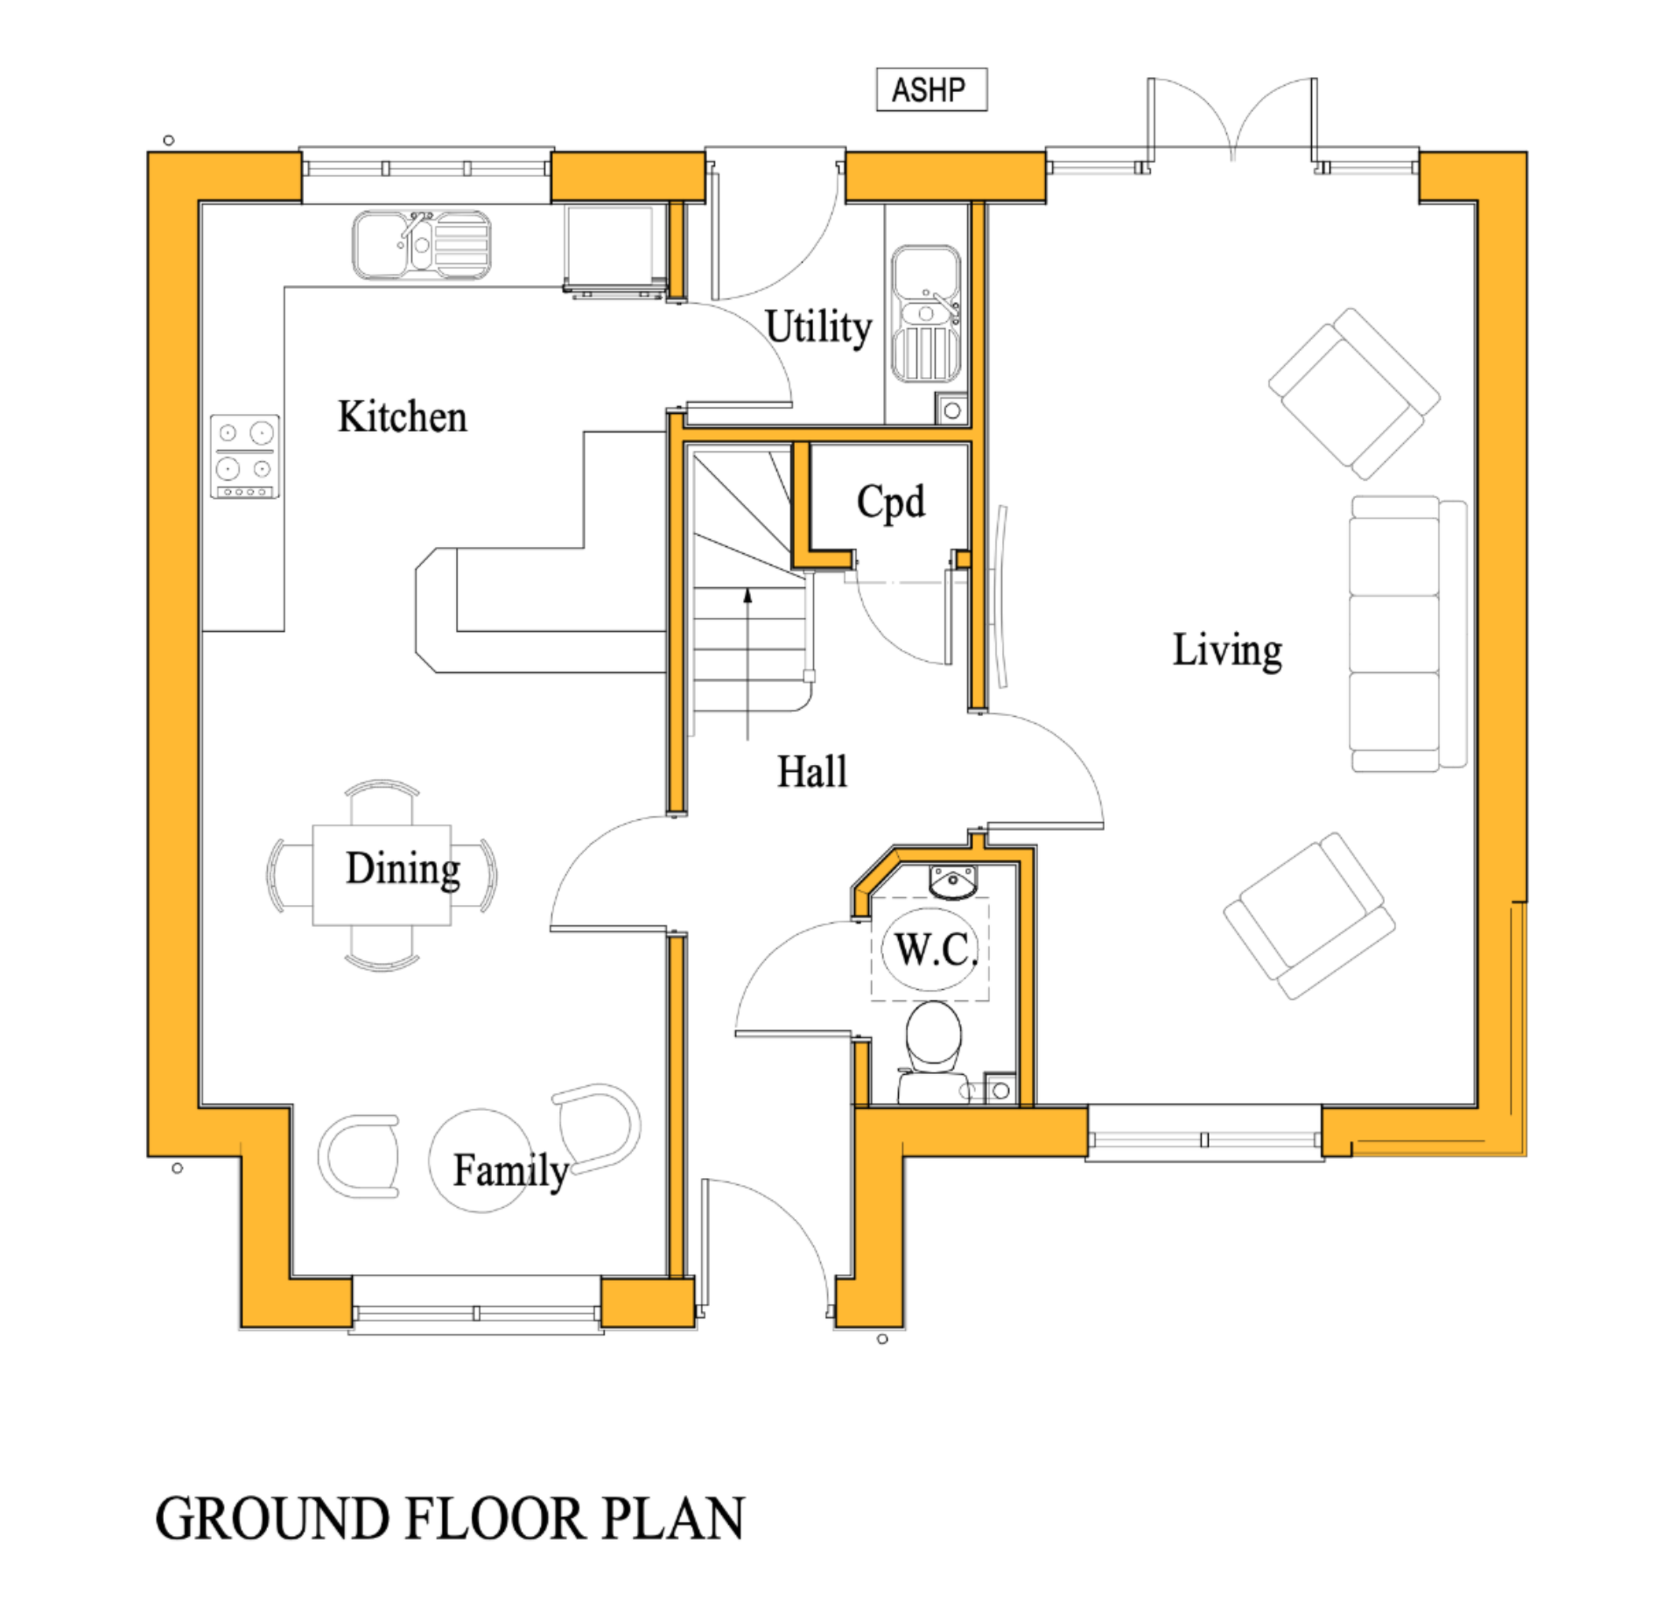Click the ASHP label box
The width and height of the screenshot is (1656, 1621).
(x=930, y=90)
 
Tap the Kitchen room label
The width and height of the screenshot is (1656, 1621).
(x=403, y=417)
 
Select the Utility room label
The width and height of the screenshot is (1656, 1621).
(x=818, y=327)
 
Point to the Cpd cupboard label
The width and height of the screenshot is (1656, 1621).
(x=890, y=502)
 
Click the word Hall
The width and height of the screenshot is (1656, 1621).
(x=812, y=772)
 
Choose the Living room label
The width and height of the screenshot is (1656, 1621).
(x=1227, y=650)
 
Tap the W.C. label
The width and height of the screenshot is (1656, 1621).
(x=935, y=949)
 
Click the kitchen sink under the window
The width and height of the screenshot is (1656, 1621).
(x=421, y=244)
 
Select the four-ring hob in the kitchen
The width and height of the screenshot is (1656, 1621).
(x=245, y=456)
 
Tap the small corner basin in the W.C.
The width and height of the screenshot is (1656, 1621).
(x=952, y=882)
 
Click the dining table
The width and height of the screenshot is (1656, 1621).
(x=382, y=874)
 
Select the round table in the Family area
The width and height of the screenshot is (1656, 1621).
(x=479, y=1161)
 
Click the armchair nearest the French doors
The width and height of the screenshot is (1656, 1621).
(x=1353, y=393)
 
